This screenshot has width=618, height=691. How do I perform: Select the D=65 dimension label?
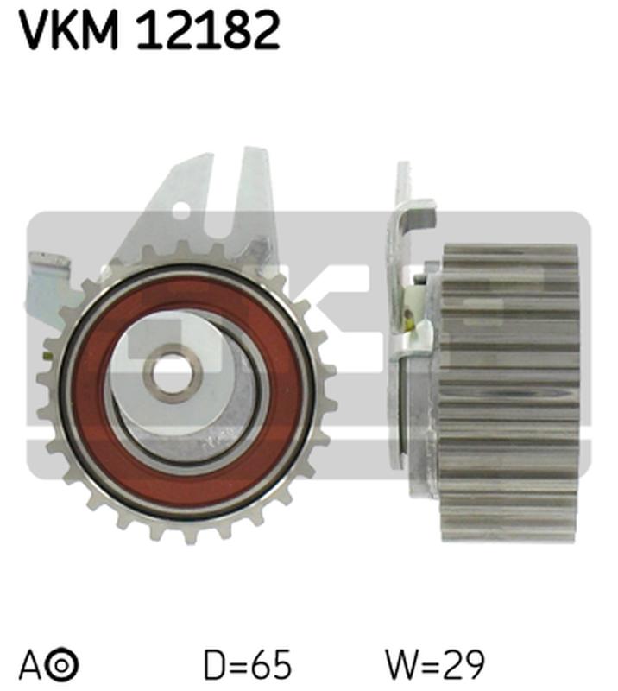click(248, 665)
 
